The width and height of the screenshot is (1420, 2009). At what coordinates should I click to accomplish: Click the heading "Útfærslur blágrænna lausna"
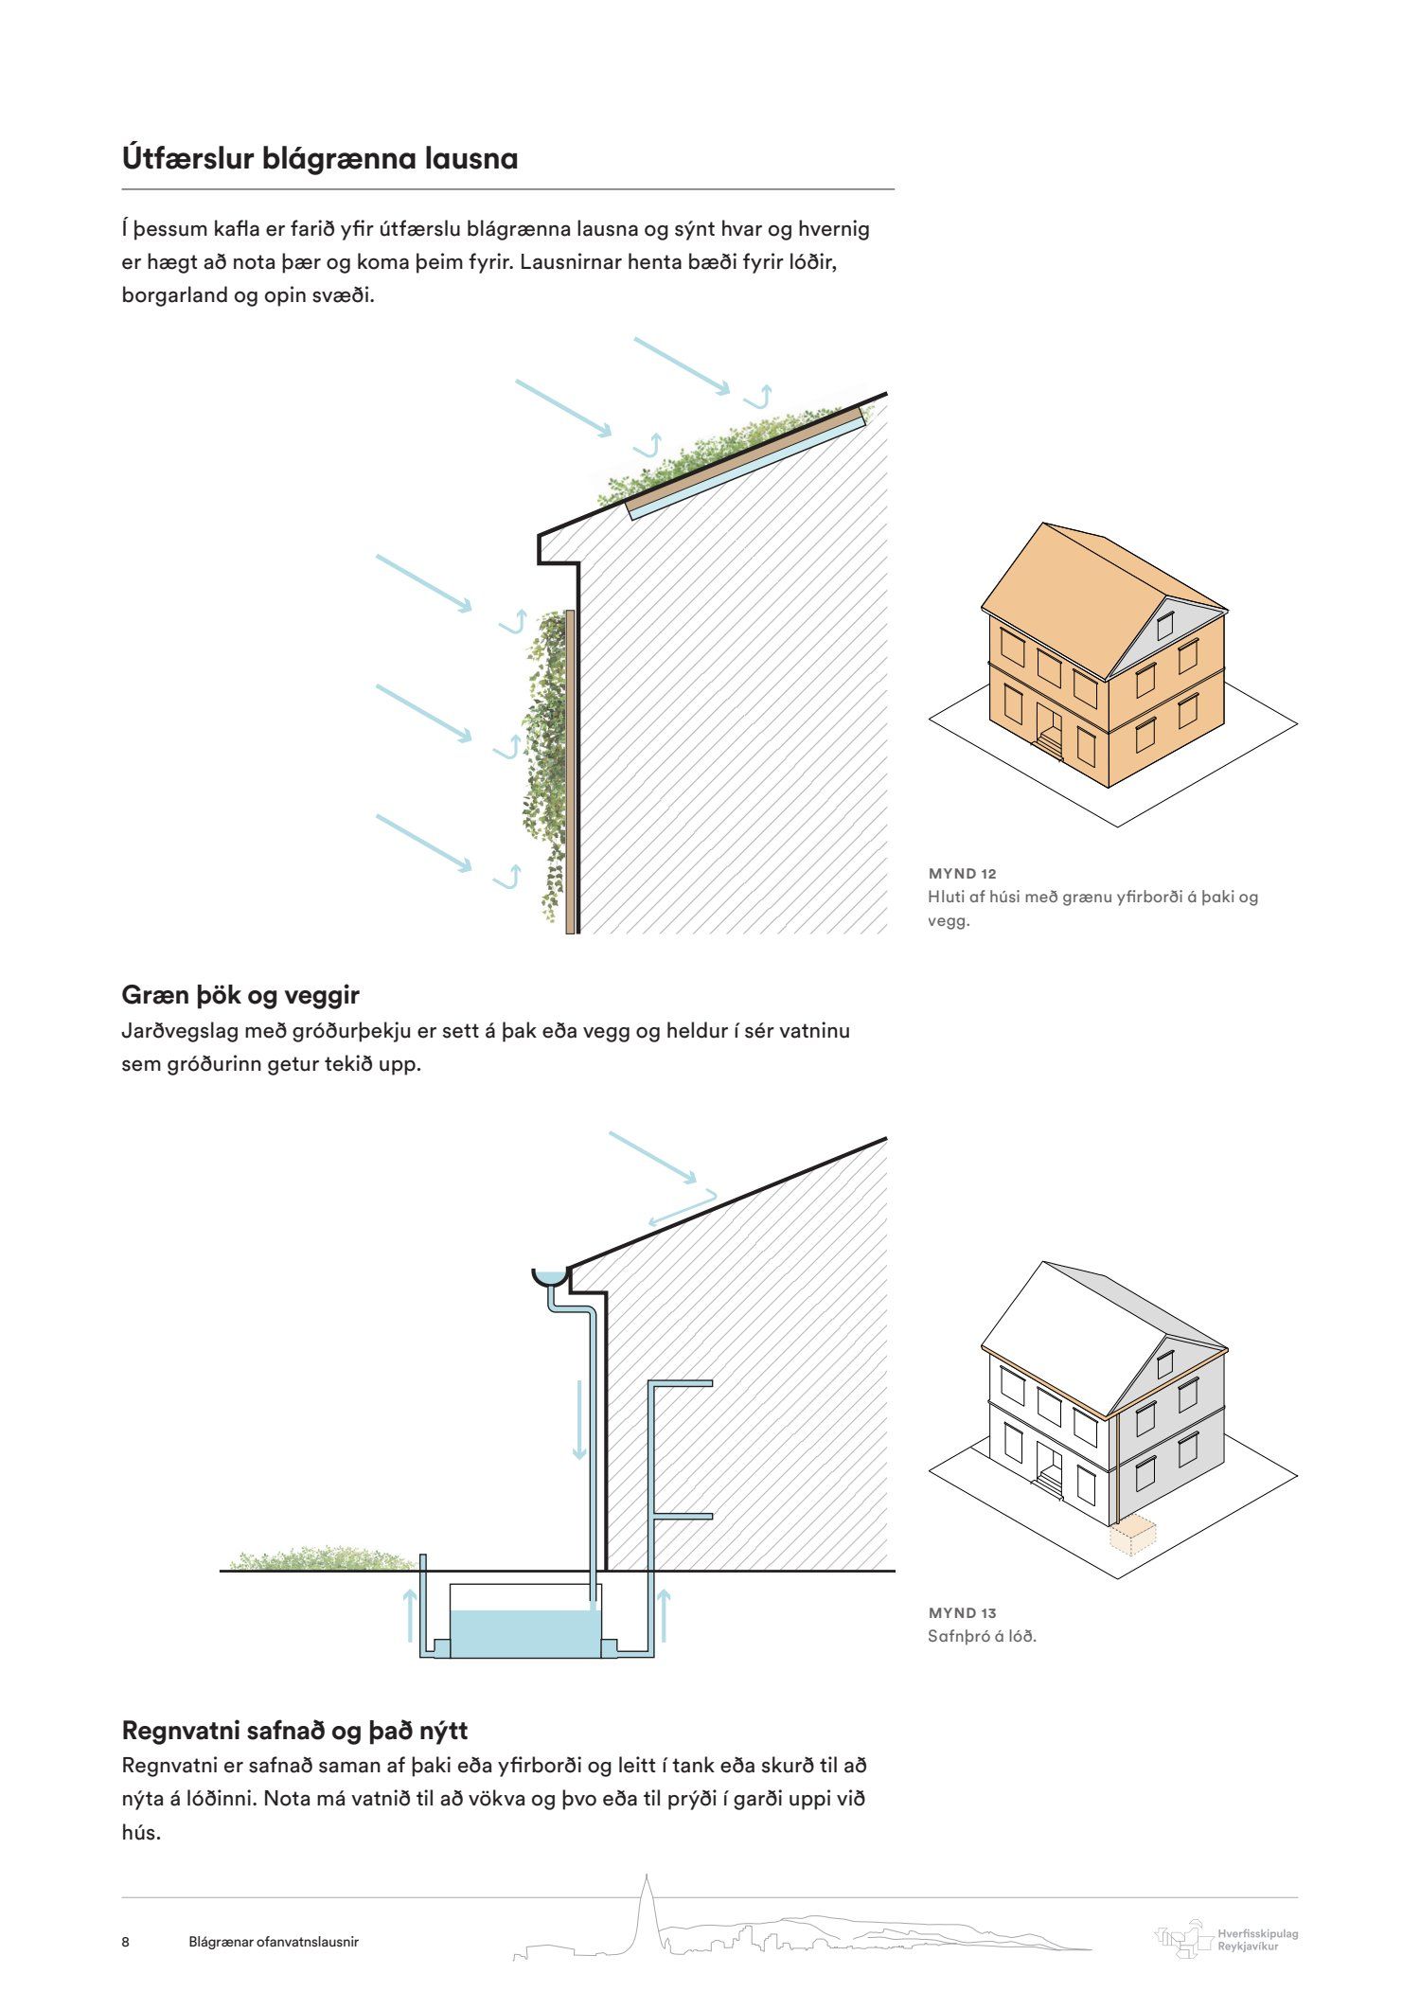point(320,158)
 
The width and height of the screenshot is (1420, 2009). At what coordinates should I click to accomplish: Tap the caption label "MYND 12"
point(962,873)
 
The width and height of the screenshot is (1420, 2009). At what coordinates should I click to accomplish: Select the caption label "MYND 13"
point(962,1612)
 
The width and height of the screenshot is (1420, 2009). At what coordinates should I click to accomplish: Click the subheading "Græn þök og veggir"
point(240,995)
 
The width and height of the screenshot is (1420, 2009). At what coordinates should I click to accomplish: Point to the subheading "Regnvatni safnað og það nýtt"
point(294,1730)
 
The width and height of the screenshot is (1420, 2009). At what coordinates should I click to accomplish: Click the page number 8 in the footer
point(126,1942)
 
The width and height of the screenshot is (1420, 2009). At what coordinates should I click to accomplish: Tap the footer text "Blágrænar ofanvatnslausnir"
point(274,1942)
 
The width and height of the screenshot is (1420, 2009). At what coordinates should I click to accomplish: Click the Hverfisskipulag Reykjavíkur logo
point(1227,1940)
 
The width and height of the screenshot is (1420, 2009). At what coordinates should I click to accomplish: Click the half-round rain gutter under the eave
point(550,1276)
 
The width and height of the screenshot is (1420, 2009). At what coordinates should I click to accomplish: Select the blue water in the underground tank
point(525,1633)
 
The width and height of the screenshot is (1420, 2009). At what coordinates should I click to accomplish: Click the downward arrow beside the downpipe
point(578,1420)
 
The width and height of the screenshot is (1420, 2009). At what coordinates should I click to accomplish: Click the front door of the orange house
point(1050,727)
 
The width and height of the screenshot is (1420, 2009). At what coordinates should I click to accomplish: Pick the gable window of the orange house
point(1166,624)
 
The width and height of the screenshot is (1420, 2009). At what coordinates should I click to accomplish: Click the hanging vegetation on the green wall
point(544,757)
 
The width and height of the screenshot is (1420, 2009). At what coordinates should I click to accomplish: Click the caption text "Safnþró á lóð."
point(982,1635)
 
